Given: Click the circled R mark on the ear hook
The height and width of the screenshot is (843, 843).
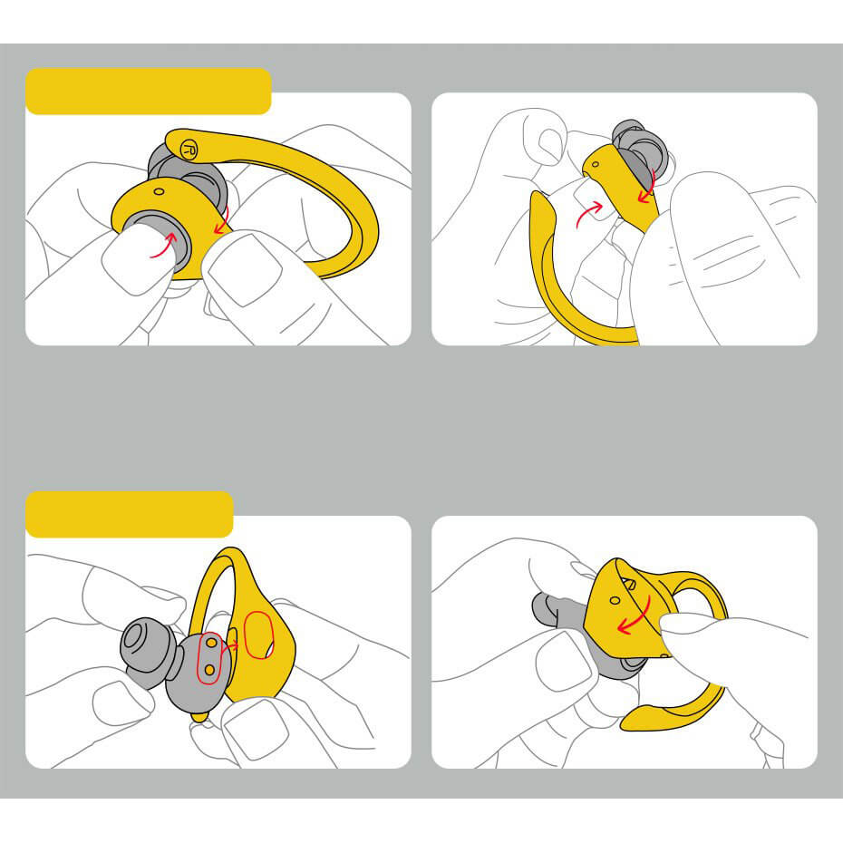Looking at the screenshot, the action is click(x=189, y=149).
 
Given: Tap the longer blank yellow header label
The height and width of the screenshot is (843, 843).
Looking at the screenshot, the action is click(x=149, y=92).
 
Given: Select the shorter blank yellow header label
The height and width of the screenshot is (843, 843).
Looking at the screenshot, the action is click(x=130, y=514).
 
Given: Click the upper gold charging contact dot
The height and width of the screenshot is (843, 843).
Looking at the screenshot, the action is click(x=212, y=643).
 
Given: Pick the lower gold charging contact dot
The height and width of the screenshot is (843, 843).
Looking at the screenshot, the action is click(x=209, y=669).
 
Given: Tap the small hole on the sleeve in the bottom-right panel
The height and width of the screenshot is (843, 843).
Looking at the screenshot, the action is click(x=615, y=600).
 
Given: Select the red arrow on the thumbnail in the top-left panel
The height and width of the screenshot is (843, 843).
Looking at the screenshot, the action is click(x=164, y=246).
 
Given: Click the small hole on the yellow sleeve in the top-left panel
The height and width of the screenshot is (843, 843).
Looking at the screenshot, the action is click(x=160, y=191).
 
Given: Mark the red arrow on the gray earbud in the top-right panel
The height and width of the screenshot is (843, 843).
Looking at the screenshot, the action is click(x=647, y=186).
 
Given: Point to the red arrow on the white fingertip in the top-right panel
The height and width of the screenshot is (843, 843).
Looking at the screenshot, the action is click(x=588, y=214).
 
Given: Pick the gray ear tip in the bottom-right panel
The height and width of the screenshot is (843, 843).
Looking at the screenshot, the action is click(x=554, y=610).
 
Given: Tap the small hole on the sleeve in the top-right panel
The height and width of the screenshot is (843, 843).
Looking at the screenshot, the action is click(x=596, y=164).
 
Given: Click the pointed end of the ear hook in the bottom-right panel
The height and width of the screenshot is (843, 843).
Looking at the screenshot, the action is click(x=624, y=726).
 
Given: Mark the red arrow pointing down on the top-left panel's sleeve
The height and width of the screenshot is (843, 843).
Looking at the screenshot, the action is click(x=221, y=220).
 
